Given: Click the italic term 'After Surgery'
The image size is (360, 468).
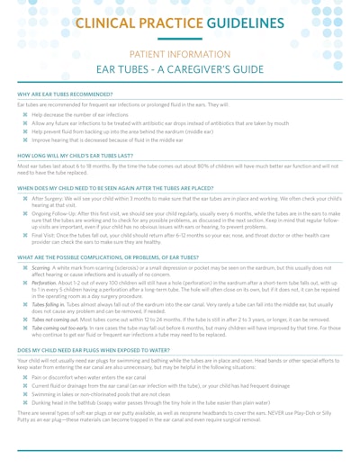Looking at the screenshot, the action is click(46, 197).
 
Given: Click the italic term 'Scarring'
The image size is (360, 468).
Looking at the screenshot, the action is click(41, 267).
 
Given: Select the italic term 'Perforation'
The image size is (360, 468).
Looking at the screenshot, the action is click(45, 283).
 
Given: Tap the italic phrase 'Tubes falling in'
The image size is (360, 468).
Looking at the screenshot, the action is click(49, 305).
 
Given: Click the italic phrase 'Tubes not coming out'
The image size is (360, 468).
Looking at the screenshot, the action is click(54, 320).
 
